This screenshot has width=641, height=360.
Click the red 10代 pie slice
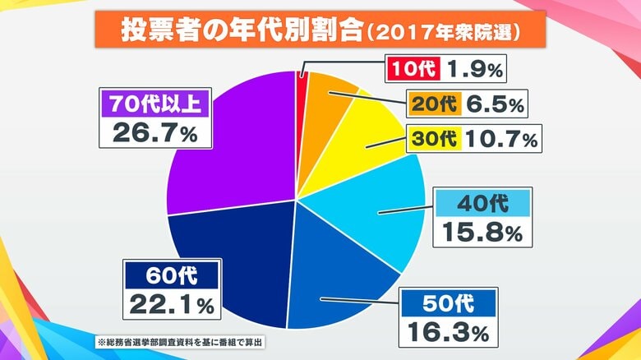[301, 99]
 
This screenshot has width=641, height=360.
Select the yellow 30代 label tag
[433, 139]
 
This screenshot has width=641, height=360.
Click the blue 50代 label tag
[448, 302]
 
